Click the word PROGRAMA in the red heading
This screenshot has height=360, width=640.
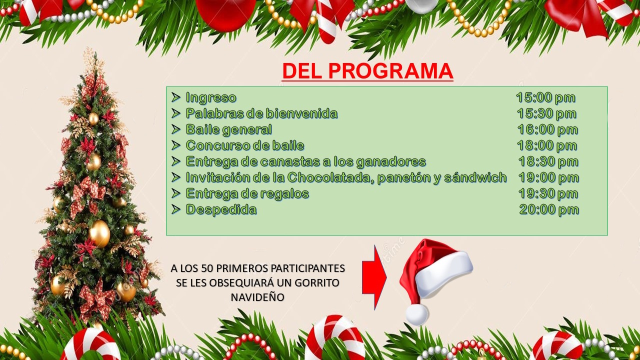tap(391, 70)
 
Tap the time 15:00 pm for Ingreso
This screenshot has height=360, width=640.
tap(545, 97)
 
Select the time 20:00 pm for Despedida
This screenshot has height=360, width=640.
tap(549, 209)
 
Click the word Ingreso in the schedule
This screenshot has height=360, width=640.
tap(211, 98)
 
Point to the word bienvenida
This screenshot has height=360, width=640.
tap(301, 113)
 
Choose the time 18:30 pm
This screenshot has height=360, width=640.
tap(548, 161)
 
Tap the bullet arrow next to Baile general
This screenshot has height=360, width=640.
tap(175, 129)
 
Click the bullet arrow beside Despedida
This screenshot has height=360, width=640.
tap(175, 209)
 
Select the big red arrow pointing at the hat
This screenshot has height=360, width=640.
tap(374, 277)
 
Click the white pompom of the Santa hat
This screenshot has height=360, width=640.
tap(417, 314)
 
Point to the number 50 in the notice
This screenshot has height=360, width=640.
tap(207, 268)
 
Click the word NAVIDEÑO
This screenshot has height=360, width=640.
tap(257, 297)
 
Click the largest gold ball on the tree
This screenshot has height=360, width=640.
tap(99, 233)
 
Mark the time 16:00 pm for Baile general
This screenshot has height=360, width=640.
tap(547, 129)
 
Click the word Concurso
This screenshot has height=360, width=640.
tap(212, 145)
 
